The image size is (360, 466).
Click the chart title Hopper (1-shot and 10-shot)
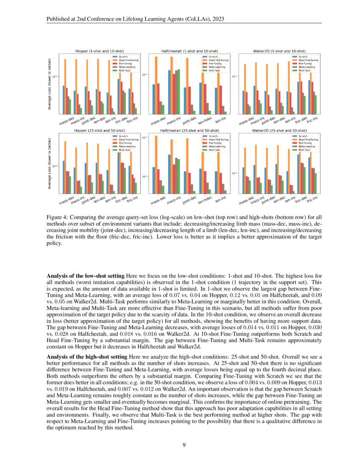(96, 51)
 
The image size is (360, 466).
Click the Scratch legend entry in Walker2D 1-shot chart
(303, 56)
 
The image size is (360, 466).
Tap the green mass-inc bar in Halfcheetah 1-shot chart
(179, 91)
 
